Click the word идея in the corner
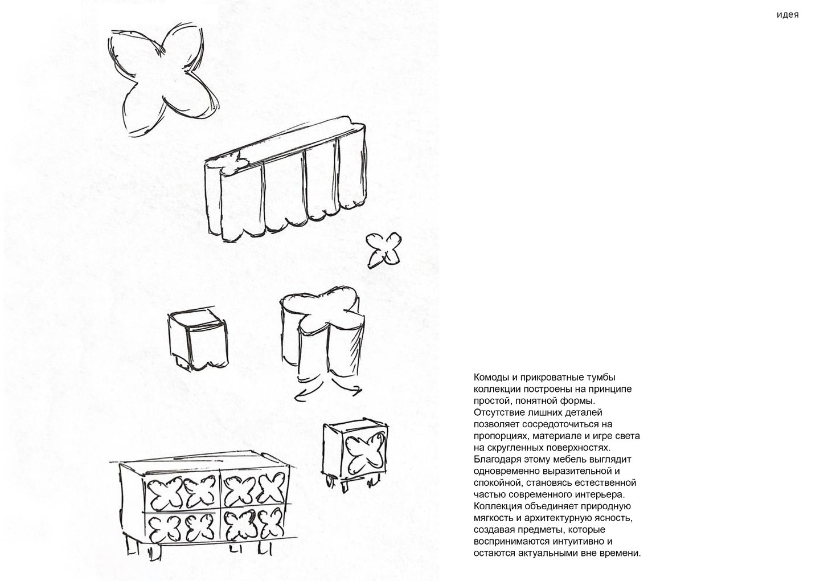pyautogui.click(x=788, y=15)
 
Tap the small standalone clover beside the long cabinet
pyautogui.click(x=384, y=250)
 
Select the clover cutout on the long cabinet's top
pyautogui.click(x=231, y=162)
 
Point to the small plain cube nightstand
pyautogui.click(x=198, y=338)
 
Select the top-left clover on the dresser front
pyautogui.click(x=164, y=492)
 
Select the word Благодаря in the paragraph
pyautogui.click(x=498, y=460)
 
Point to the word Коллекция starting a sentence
pyautogui.click(x=498, y=506)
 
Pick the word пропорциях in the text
pyautogui.click(x=501, y=436)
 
